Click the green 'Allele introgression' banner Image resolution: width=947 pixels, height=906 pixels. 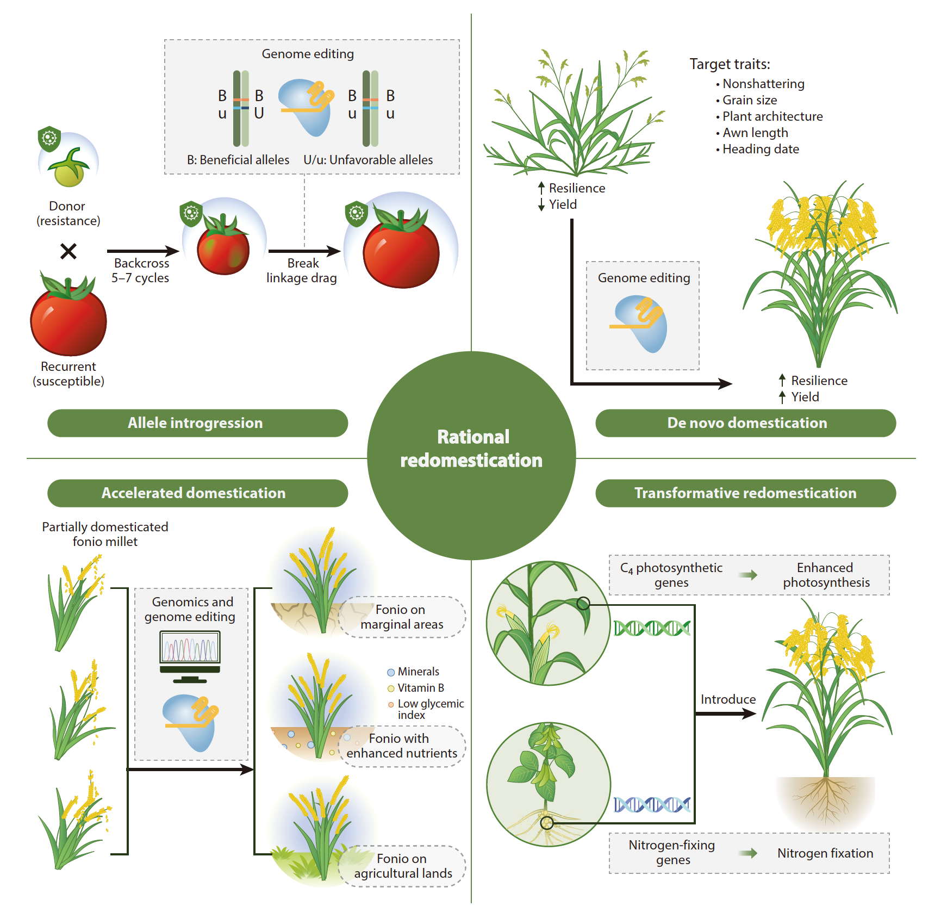tap(196, 423)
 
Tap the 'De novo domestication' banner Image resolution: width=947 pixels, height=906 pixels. tap(746, 423)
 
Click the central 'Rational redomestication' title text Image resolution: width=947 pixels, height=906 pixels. tap(471, 449)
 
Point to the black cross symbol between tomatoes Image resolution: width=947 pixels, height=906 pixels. tap(68, 251)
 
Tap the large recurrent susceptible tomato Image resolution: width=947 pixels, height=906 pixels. tap(68, 318)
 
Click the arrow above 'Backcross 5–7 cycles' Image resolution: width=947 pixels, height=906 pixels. tap(142, 251)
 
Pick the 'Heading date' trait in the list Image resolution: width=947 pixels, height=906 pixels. tap(760, 149)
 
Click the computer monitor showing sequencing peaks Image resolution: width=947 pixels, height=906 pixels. tap(190, 652)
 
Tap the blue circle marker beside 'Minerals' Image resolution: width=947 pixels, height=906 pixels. tap(391, 672)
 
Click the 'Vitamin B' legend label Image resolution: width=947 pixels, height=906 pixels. tap(420, 688)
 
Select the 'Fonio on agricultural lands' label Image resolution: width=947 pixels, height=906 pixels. tap(402, 866)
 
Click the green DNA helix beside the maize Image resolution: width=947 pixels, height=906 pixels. tap(652, 628)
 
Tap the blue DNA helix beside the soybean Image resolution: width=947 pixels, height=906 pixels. tap(652, 804)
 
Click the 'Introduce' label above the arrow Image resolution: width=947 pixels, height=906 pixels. tap(727, 699)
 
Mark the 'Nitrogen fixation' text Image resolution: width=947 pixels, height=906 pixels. tap(825, 853)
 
